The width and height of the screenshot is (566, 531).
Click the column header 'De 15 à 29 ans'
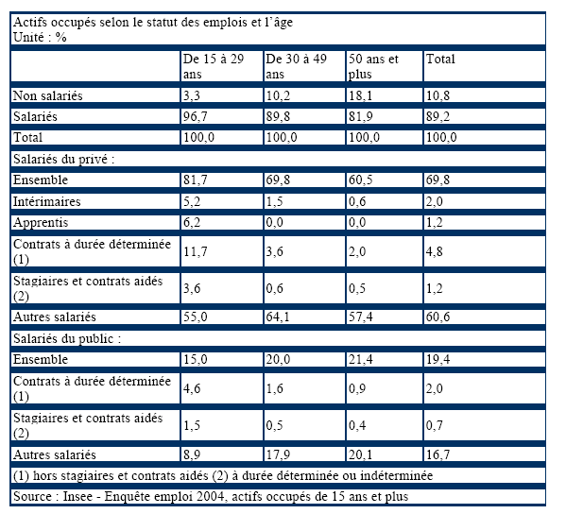coord(214,66)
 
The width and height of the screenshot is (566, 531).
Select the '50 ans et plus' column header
coord(373,66)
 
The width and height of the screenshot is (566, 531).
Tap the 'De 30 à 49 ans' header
coord(296,66)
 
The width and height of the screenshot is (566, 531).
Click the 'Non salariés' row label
coord(47,95)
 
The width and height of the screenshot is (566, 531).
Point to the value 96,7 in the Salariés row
coord(196,116)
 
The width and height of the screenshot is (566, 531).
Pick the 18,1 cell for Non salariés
coord(360,95)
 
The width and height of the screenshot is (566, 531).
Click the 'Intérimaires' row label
coord(46,201)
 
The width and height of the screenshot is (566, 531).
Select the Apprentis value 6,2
coord(191,222)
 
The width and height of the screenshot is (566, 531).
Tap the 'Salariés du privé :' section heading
coord(63,159)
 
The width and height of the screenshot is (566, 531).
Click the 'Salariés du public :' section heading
coord(67,338)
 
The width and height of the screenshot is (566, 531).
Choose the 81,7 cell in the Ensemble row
coord(196,180)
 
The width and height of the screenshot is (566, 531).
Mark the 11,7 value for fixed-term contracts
coord(196,251)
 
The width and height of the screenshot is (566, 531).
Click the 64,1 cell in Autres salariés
coord(278,317)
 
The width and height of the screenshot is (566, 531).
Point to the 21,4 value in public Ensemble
coord(361,360)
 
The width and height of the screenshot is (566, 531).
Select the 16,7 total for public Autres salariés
coord(437,454)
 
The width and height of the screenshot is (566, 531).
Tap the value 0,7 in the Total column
coord(435,425)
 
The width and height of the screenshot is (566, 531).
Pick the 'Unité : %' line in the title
coord(40,37)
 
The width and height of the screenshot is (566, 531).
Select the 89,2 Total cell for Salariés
coord(437,116)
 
